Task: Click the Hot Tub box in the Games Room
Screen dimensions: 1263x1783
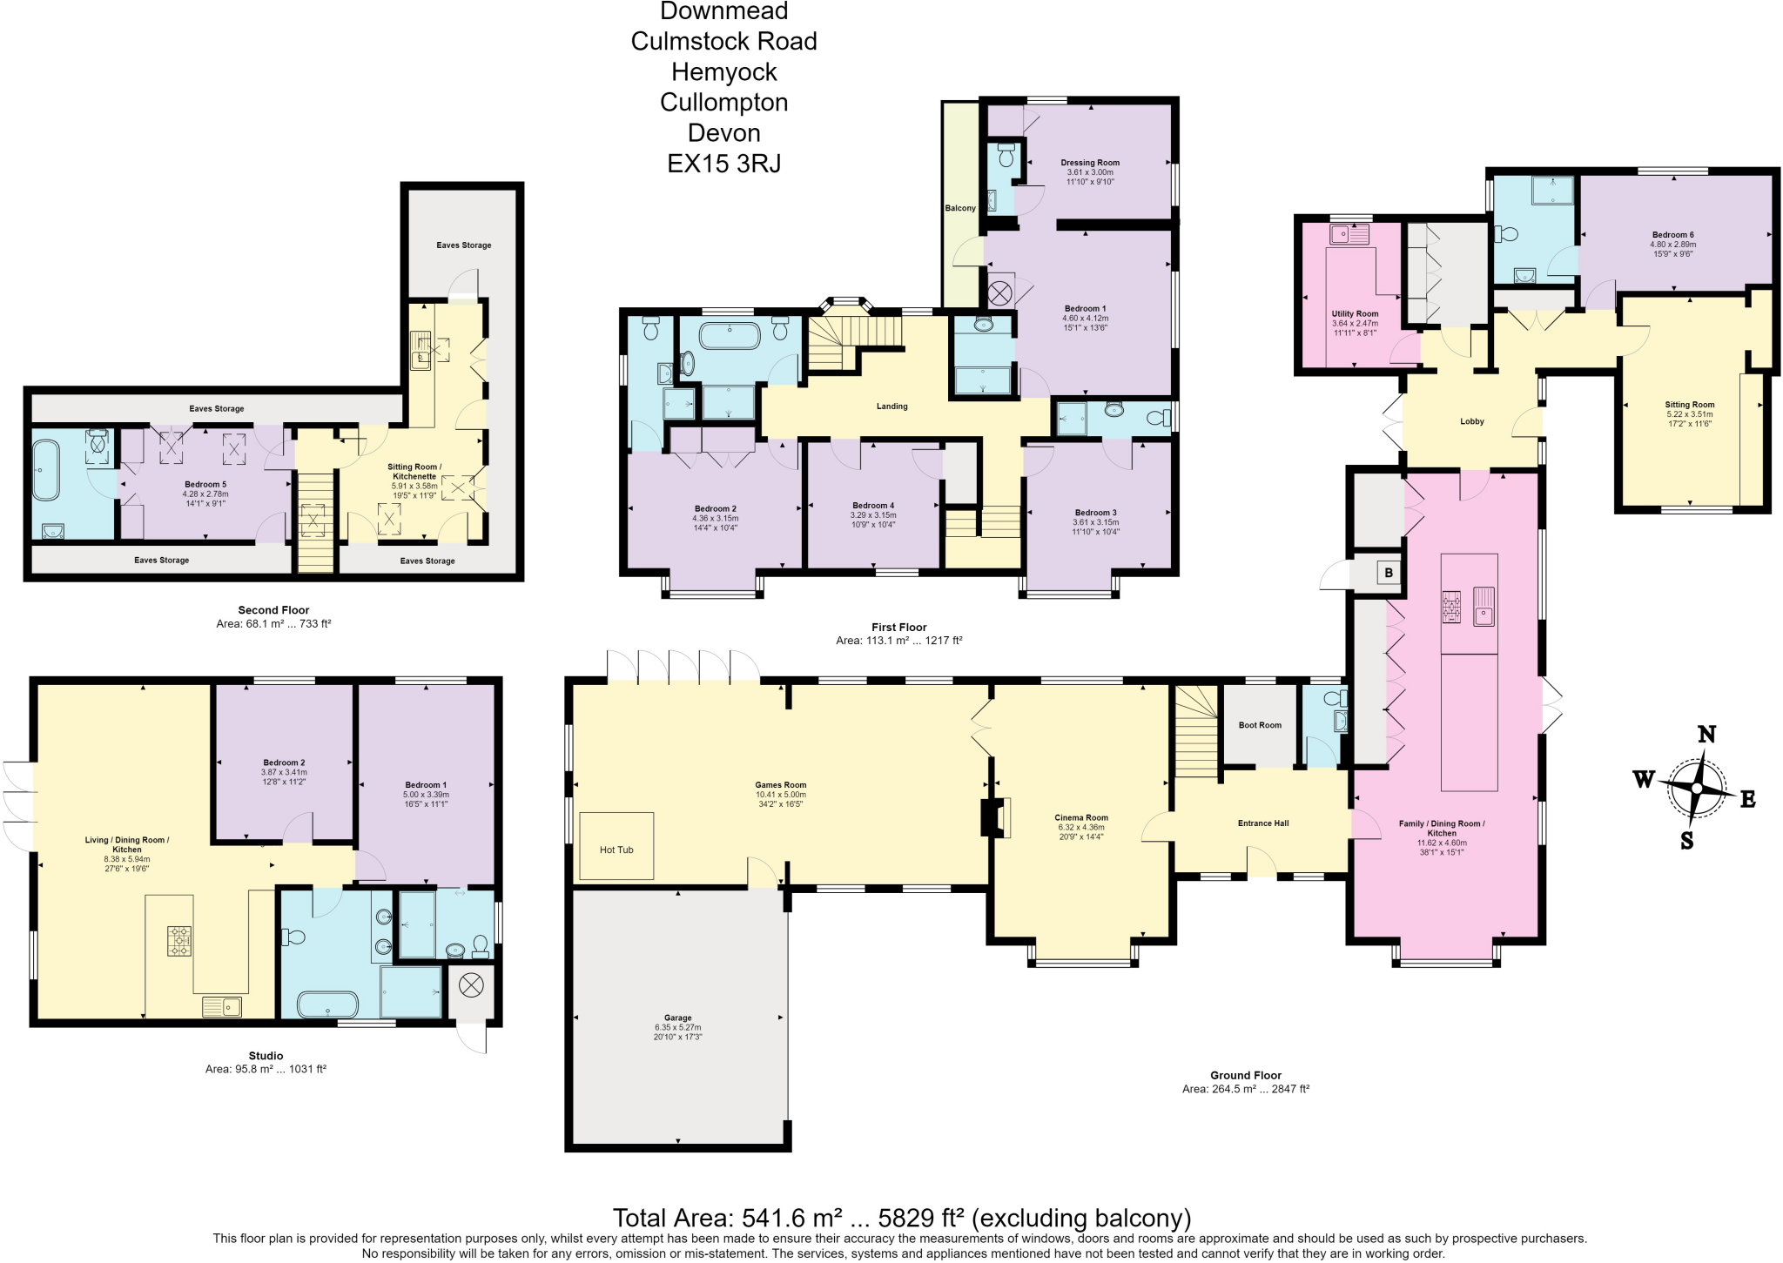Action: click(x=616, y=846)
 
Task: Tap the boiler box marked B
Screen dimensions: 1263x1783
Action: click(x=1389, y=573)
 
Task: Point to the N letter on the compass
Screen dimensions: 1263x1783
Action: click(x=1707, y=735)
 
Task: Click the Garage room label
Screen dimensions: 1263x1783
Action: click(x=677, y=1018)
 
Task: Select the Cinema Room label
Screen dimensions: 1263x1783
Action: click(x=1081, y=817)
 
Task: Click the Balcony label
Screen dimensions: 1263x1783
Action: click(x=960, y=208)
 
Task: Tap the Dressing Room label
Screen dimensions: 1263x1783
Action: click(x=1090, y=163)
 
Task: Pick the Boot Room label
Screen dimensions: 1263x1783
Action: click(x=1260, y=725)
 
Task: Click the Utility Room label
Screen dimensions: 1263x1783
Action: click(x=1355, y=314)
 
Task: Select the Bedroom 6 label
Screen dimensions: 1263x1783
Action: click(x=1672, y=235)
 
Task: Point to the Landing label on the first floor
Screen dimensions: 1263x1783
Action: click(x=891, y=406)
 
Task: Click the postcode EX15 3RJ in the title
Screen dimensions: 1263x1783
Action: click(x=723, y=164)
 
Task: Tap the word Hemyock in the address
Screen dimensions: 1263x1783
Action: click(x=723, y=72)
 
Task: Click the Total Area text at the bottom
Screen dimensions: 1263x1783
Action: click(x=901, y=1218)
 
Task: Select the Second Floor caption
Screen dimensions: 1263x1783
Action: click(x=273, y=610)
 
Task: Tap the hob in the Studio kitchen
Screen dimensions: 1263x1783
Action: click(x=180, y=942)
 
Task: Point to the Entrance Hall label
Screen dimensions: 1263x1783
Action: click(x=1263, y=823)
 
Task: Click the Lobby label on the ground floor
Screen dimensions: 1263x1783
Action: click(x=1471, y=421)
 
